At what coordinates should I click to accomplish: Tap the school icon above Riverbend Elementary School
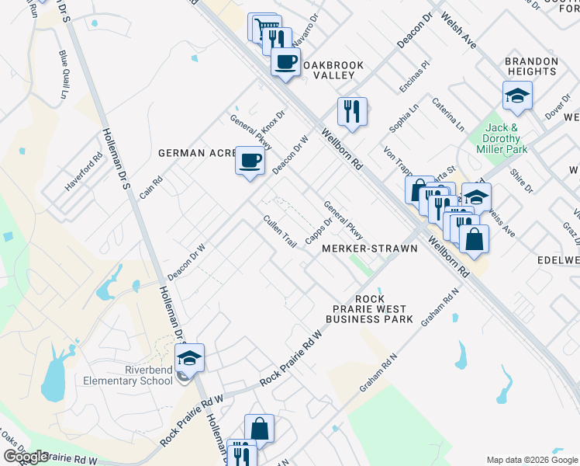188,358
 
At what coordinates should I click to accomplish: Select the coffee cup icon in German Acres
249,161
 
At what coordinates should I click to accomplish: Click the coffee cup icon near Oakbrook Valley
286,61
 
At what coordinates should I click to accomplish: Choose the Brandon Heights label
531,66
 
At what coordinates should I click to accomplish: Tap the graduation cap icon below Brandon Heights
517,96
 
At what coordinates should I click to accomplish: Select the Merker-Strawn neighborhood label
370,248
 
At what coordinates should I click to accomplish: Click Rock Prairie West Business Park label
369,309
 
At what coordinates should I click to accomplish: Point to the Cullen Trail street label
280,231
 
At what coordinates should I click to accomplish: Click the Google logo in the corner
25,457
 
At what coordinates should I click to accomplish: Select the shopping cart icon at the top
264,29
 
